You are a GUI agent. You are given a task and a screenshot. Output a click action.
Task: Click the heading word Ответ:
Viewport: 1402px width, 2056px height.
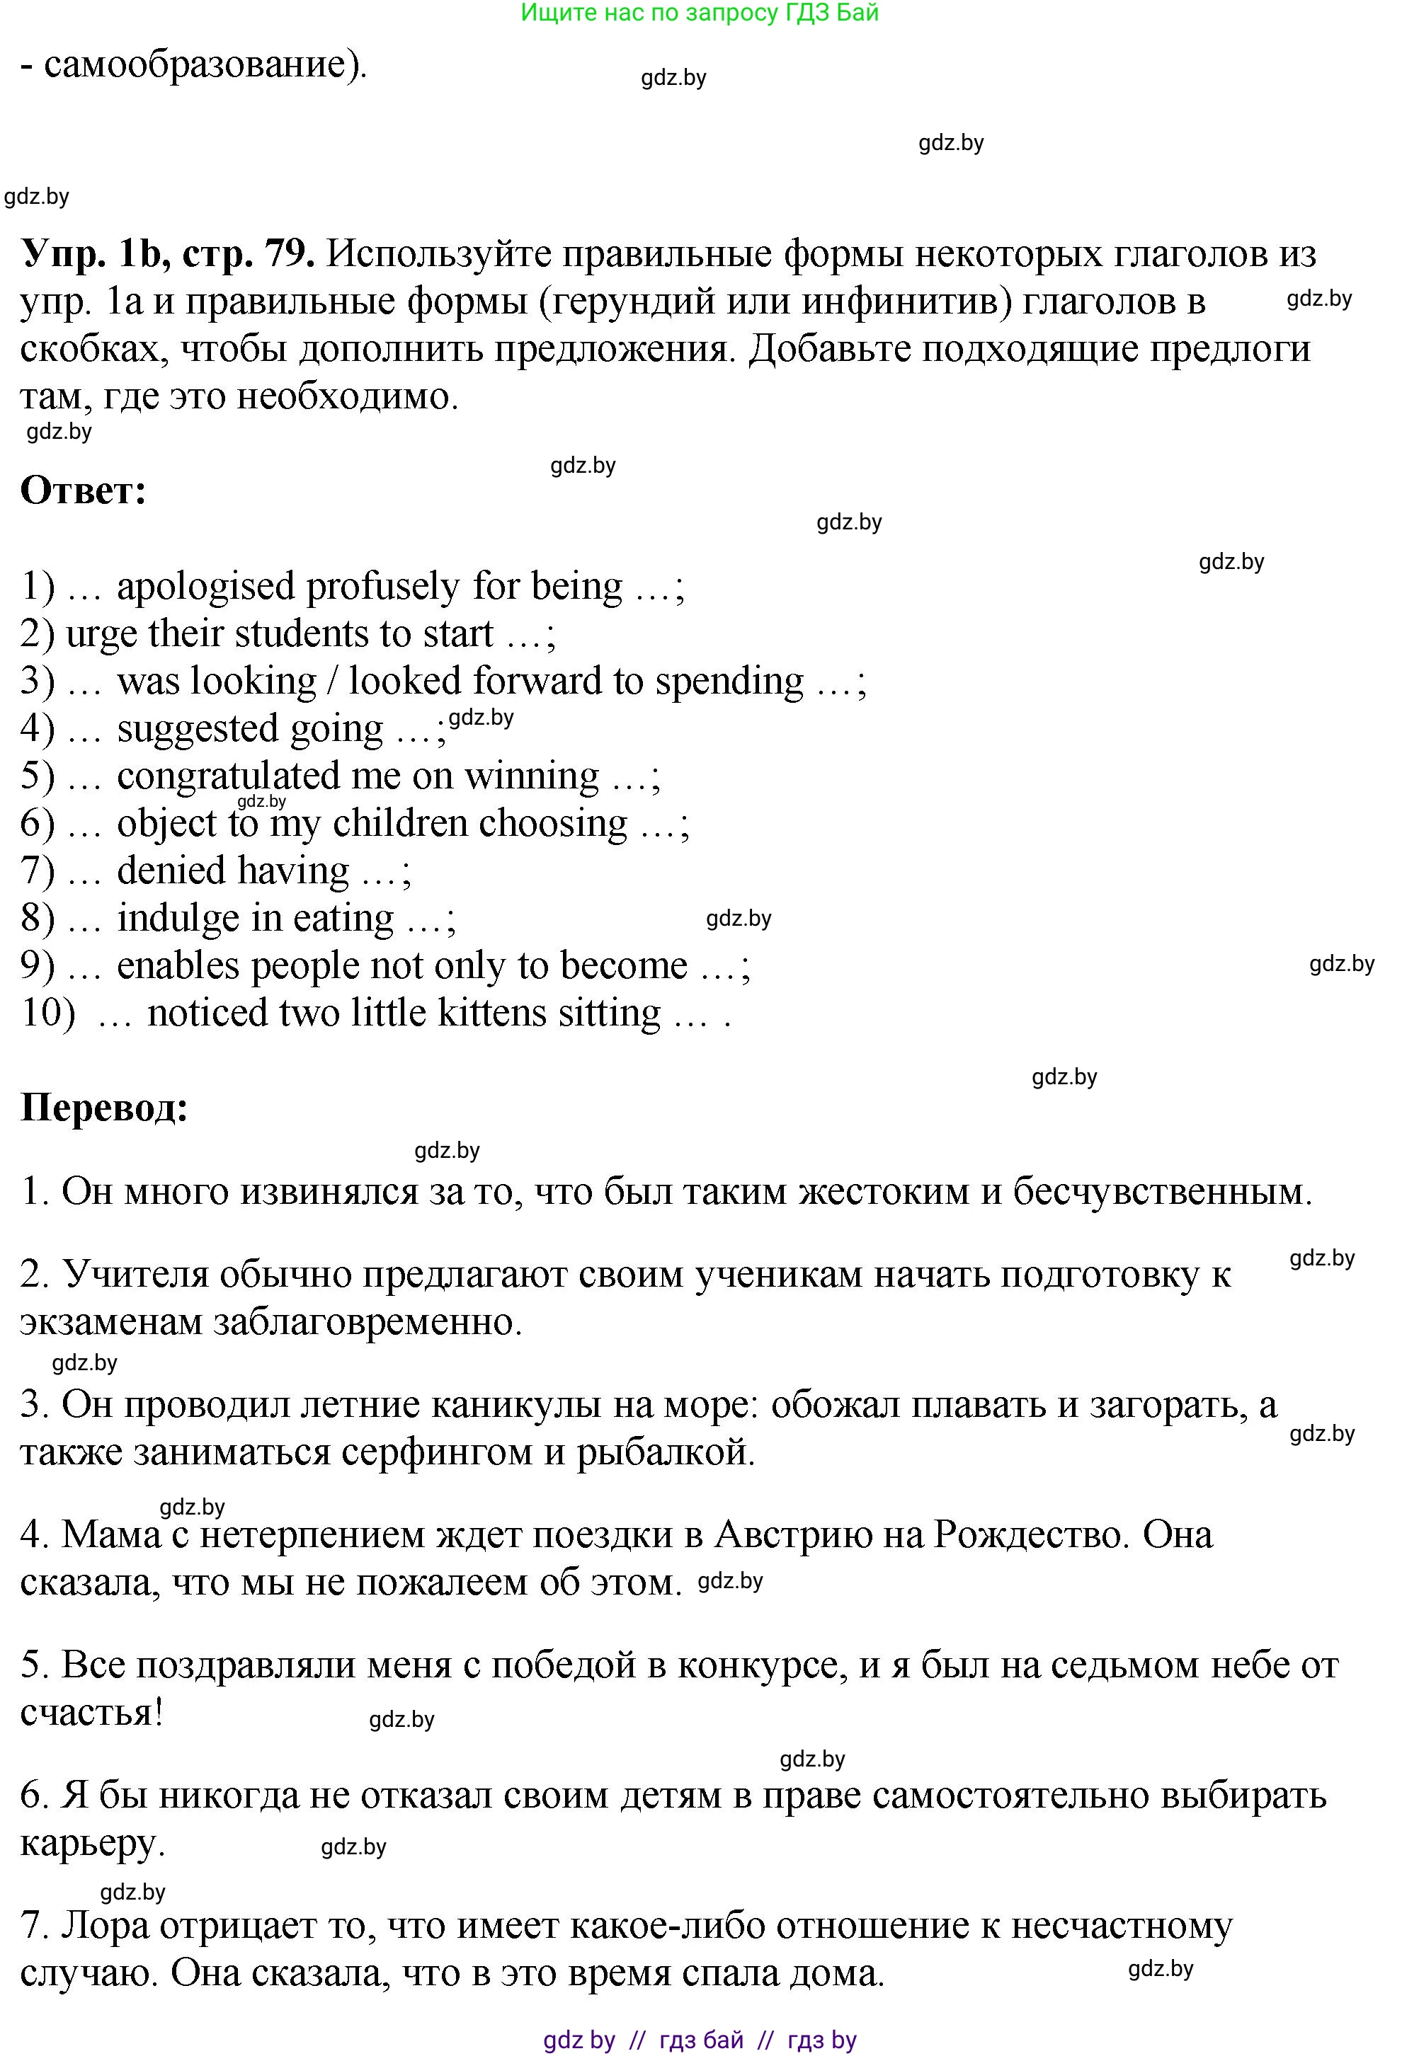84,491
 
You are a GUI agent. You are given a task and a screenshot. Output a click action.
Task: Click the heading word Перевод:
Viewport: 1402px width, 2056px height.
105,1108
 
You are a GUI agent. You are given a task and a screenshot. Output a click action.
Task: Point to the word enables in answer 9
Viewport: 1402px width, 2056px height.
178,966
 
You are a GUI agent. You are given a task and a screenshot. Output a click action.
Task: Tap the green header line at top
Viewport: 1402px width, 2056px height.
700,13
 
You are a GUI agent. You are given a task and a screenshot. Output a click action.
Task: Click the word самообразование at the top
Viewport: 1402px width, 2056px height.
195,64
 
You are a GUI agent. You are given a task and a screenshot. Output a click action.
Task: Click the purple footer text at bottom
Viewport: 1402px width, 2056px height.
700,2040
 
